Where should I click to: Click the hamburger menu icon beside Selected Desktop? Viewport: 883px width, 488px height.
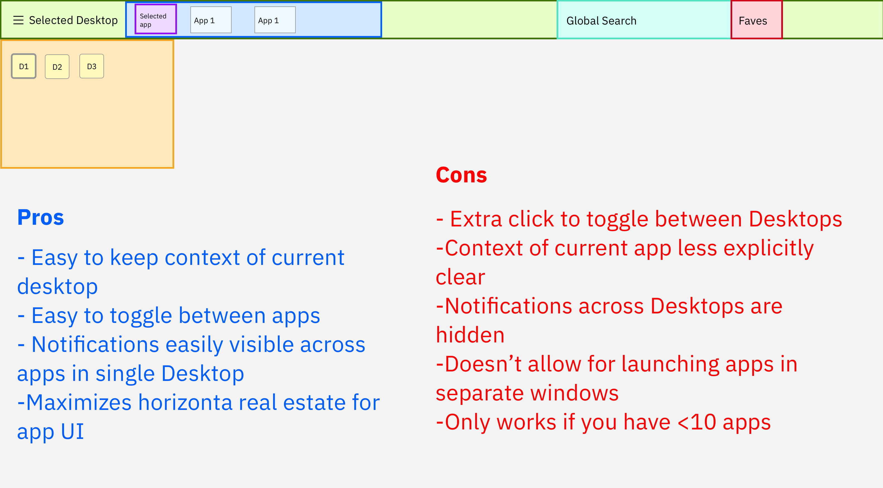[18, 20]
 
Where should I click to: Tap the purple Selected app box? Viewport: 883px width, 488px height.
[156, 19]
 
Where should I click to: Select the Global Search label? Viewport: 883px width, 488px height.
[601, 21]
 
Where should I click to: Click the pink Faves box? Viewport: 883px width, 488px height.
[756, 20]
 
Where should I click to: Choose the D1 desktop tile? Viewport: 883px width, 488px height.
[24, 66]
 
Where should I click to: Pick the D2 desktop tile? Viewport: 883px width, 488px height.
[57, 67]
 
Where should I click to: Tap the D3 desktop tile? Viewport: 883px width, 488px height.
[91, 66]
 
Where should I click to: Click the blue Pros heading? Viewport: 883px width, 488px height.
[41, 218]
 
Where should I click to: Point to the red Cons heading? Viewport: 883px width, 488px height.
[461, 175]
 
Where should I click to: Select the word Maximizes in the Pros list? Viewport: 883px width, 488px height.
[79, 402]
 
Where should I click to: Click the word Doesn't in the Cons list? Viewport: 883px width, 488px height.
[483, 364]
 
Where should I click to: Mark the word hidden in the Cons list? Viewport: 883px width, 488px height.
[470, 335]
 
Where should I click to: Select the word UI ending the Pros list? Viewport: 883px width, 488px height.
[72, 431]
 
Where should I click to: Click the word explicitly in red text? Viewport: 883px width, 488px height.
[768, 248]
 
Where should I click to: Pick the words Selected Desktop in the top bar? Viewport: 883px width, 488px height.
[73, 20]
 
